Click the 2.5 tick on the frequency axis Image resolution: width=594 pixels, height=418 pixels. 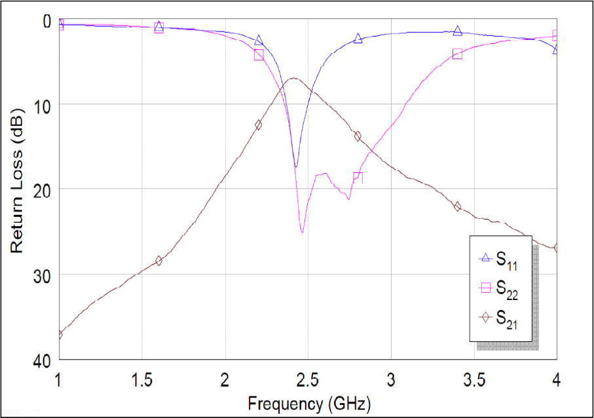(x=308, y=381)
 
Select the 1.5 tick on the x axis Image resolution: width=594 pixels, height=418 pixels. (x=142, y=381)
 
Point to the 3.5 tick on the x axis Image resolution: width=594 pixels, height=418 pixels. (x=474, y=381)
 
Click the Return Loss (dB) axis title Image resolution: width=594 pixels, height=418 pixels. (x=18, y=190)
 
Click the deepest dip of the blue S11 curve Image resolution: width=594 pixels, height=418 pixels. (x=295, y=166)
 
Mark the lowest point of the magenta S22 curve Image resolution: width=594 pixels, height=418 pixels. (x=302, y=232)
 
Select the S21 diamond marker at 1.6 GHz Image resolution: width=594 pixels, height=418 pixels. (x=158, y=261)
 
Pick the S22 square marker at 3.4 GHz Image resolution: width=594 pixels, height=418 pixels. (x=457, y=54)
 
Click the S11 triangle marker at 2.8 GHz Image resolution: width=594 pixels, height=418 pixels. (x=358, y=39)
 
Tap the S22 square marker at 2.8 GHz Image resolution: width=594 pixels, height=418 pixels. (x=358, y=178)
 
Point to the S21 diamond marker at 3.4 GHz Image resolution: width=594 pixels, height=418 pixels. (x=457, y=206)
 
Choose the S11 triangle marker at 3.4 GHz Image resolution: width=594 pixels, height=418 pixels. (x=457, y=31)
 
